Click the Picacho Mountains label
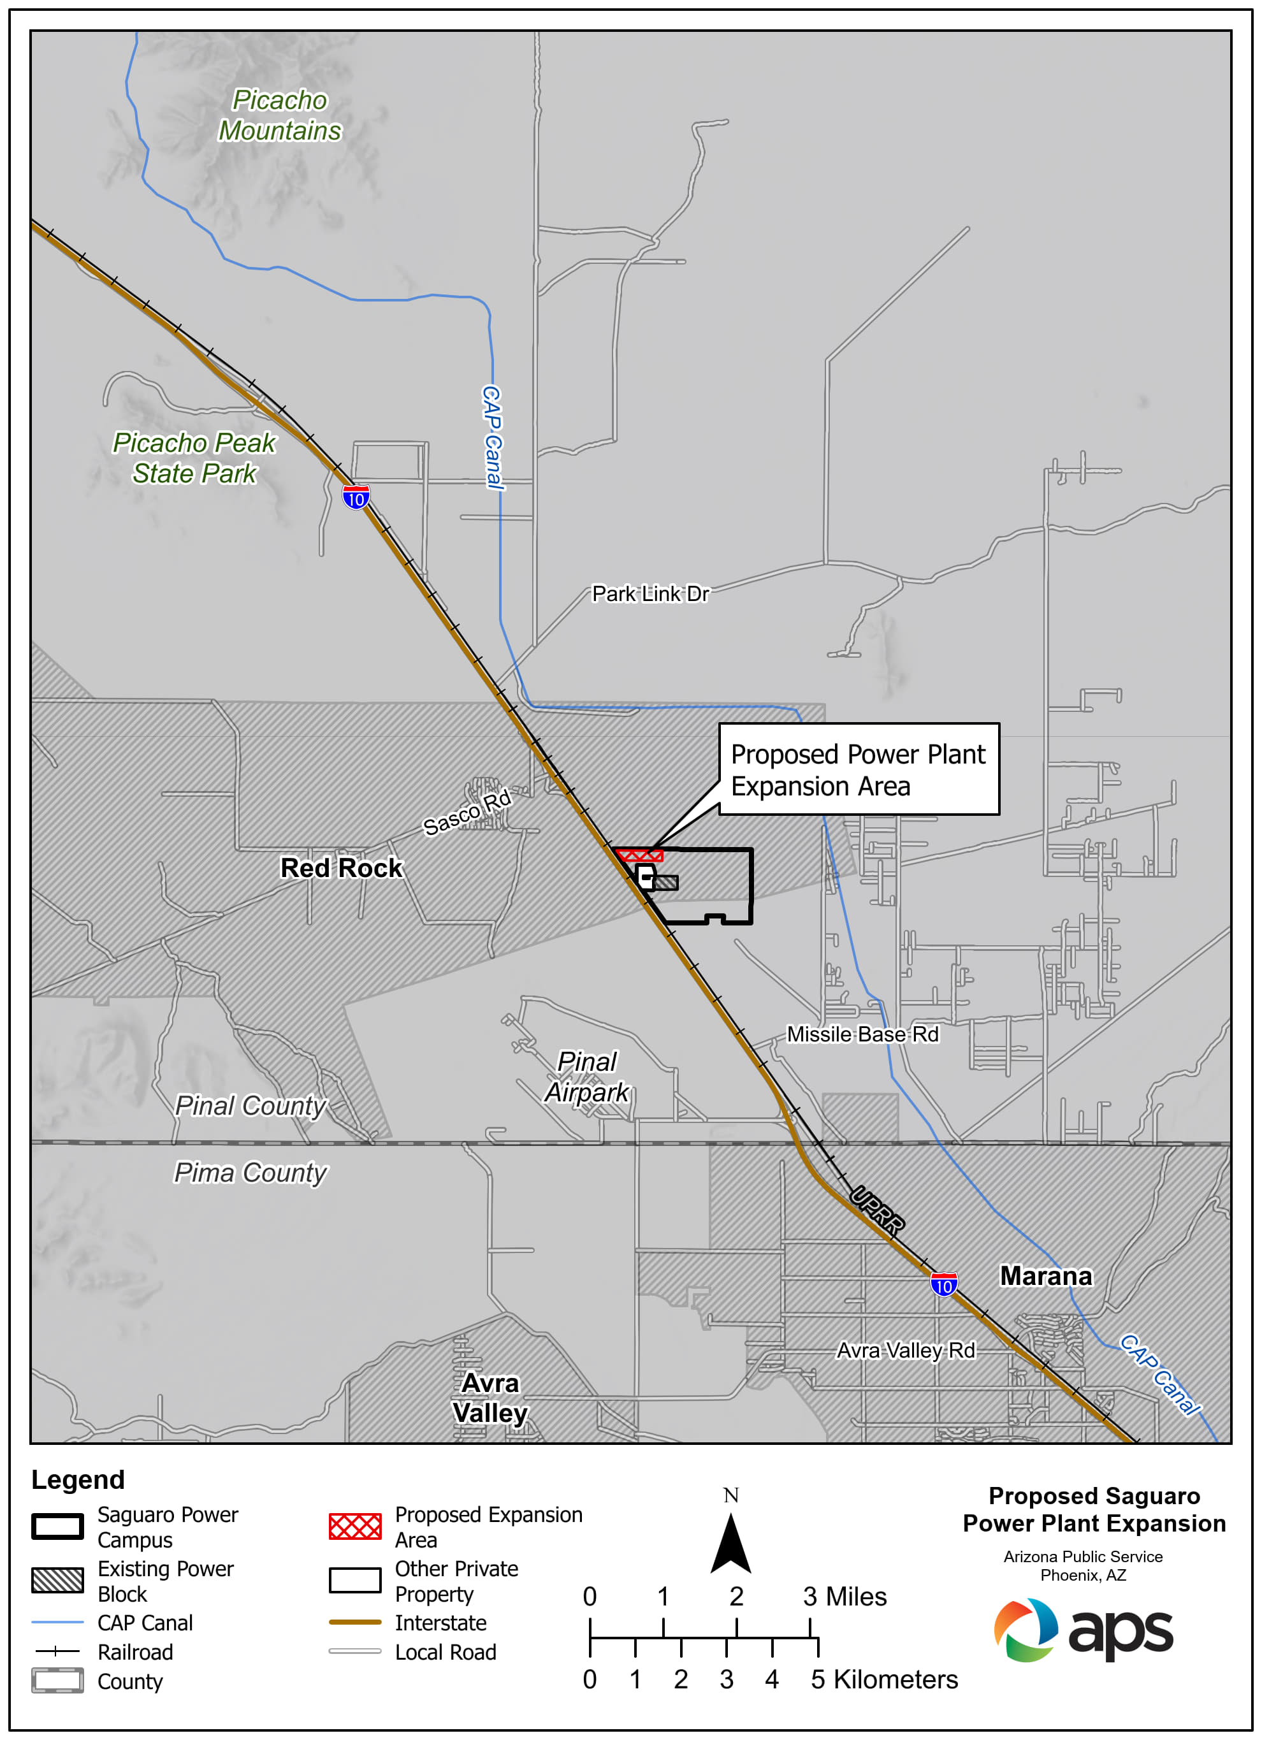click(280, 116)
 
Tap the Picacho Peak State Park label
click(194, 458)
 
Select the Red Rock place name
click(342, 867)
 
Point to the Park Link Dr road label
click(651, 594)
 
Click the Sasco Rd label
click(467, 812)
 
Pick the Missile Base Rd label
click(862, 1034)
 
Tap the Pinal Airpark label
click(587, 1077)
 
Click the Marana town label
click(1046, 1276)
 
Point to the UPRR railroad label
click(877, 1210)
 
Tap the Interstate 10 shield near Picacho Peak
click(356, 498)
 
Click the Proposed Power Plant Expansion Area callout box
click(859, 769)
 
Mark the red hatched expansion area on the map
click(639, 855)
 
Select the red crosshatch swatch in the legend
click(355, 1526)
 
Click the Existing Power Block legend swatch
click(57, 1581)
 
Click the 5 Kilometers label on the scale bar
click(884, 1679)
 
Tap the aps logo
click(1084, 1630)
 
